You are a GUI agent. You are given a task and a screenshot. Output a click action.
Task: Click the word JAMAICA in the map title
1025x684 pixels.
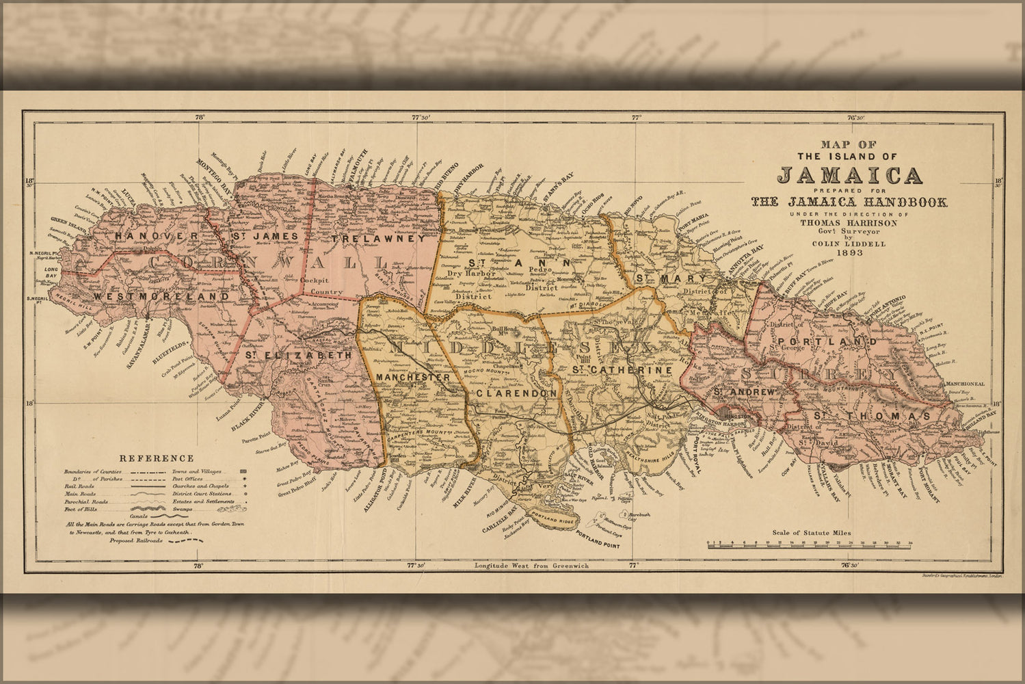[x=849, y=176]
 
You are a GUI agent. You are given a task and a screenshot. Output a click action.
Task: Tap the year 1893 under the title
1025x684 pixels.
[x=848, y=252]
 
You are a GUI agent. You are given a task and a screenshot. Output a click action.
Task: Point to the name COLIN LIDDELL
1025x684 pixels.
[x=848, y=243]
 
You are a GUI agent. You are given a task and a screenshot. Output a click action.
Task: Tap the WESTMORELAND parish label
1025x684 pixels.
[x=161, y=297]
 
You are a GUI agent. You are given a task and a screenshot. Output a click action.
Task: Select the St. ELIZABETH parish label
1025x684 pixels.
[x=298, y=356]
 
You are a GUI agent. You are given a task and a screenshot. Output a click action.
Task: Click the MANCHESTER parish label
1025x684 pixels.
[x=413, y=378]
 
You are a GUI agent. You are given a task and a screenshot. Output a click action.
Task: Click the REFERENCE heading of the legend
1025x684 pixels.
[x=157, y=458]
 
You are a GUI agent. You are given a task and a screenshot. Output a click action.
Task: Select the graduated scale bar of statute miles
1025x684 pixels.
[x=810, y=546]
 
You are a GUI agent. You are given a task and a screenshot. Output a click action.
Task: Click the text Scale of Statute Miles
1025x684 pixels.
[x=810, y=532]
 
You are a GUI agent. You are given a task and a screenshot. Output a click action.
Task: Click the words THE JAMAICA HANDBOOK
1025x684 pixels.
[x=848, y=202]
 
